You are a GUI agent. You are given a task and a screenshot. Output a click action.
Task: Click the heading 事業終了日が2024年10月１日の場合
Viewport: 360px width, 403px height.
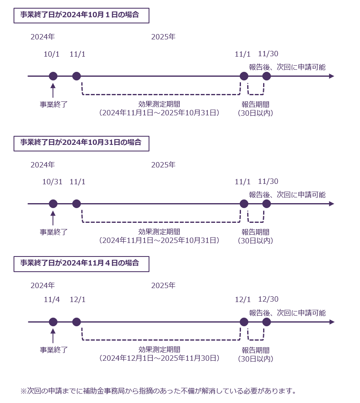click(x=81, y=16)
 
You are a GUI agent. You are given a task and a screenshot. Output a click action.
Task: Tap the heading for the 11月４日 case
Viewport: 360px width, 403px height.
click(x=81, y=263)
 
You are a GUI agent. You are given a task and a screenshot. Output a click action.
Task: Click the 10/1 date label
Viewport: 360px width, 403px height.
click(x=52, y=54)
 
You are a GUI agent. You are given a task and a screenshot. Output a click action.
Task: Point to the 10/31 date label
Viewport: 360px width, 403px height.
click(x=52, y=182)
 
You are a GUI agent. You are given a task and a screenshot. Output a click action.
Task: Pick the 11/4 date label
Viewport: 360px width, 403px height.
click(x=52, y=300)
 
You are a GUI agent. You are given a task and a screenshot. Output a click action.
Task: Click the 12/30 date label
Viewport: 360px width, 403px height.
click(x=268, y=300)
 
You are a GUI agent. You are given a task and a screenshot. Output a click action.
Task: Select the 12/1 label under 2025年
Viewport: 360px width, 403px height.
click(x=243, y=300)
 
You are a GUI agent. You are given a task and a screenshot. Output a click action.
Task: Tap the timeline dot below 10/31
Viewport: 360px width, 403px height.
click(x=53, y=204)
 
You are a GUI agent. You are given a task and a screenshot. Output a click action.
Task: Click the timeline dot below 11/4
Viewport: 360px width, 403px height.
click(x=53, y=322)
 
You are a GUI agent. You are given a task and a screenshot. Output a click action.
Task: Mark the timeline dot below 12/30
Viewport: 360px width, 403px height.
click(x=266, y=322)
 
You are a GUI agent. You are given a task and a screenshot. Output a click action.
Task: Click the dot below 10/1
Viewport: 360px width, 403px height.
click(x=53, y=76)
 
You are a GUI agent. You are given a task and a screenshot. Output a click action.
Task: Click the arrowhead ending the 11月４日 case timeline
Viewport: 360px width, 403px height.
click(x=332, y=322)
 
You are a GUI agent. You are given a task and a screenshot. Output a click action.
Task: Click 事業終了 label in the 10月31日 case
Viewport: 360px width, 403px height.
click(x=53, y=232)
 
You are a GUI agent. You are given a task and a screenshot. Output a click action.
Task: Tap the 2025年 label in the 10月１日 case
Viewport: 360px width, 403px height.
click(x=163, y=37)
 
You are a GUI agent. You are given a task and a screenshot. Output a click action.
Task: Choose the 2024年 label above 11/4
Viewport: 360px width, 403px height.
click(x=42, y=285)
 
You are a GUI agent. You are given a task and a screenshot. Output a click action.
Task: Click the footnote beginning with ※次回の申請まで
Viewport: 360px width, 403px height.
click(x=158, y=391)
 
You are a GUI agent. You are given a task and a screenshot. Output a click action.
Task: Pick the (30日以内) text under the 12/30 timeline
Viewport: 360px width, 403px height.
click(x=255, y=359)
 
